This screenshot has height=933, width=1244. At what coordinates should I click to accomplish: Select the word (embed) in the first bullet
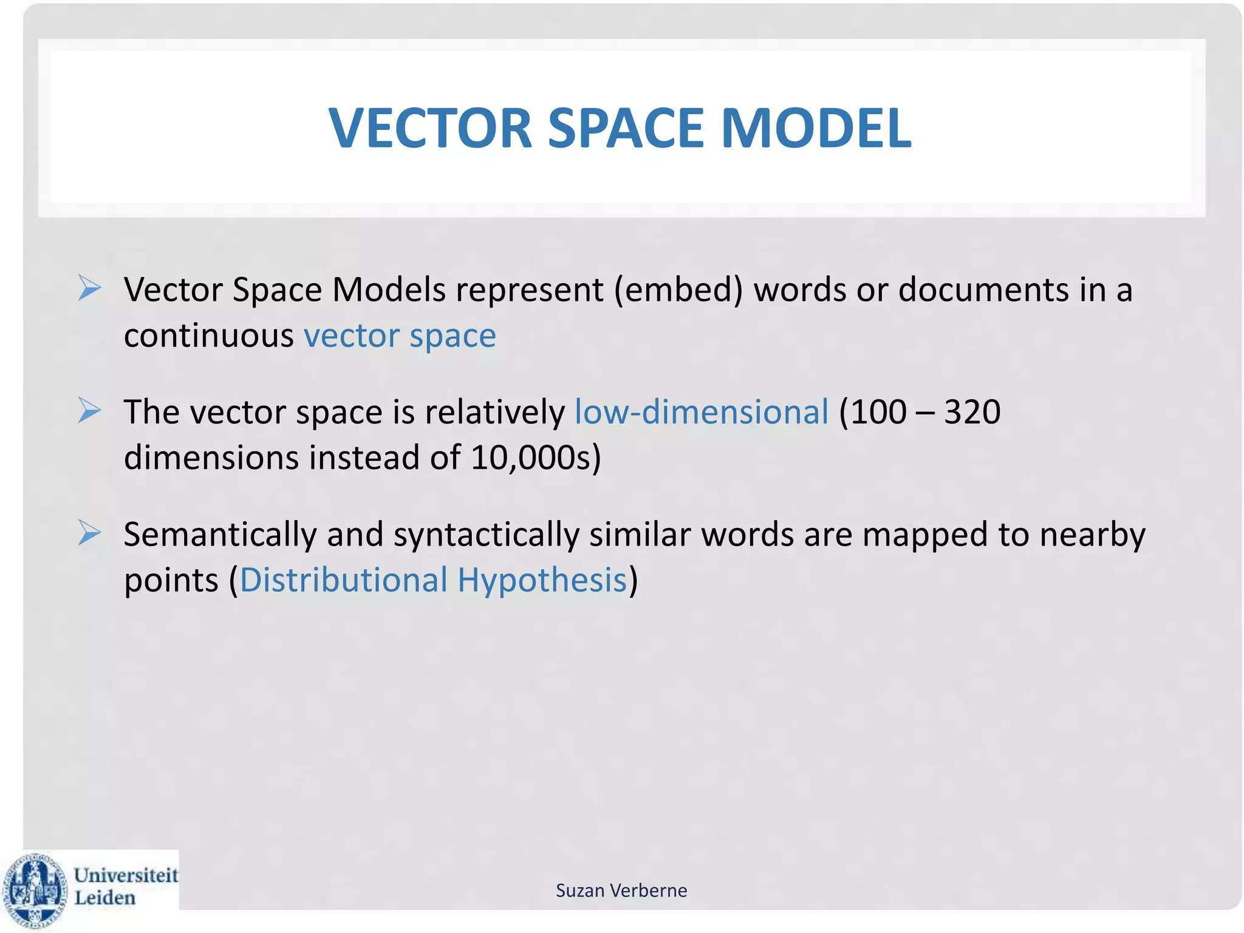[678, 290]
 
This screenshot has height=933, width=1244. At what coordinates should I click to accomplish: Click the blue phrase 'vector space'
[400, 336]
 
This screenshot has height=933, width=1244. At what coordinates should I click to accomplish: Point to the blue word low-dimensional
[702, 412]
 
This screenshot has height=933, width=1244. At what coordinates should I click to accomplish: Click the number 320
[972, 412]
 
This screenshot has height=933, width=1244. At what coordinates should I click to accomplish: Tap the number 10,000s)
[536, 457]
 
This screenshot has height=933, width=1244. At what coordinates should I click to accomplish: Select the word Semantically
[220, 535]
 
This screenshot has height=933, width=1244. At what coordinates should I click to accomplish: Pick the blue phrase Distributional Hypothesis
[433, 580]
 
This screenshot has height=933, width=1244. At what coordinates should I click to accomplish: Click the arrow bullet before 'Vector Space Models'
[89, 288]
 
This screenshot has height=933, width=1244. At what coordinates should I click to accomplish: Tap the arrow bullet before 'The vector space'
[89, 411]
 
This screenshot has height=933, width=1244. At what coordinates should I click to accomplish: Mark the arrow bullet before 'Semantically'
[89, 533]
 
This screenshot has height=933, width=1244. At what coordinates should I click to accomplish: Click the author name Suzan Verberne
[621, 890]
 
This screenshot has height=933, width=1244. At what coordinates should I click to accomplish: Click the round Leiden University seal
[35, 890]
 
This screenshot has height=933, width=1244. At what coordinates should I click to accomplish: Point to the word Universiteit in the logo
[126, 875]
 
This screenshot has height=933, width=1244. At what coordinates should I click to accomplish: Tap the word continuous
[209, 336]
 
